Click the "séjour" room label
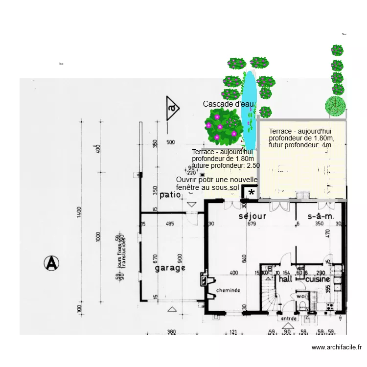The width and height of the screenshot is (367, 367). coord(252,216)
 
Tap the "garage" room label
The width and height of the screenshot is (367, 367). coord(170,268)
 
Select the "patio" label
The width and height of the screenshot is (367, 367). coord(170,195)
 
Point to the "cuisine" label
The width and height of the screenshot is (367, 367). coord(318,279)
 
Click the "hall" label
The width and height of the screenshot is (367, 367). coord(286,279)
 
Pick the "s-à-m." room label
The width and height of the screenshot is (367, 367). coord(321,216)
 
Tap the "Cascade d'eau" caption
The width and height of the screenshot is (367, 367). coord(229,104)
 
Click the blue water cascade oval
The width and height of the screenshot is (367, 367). coord(250,110)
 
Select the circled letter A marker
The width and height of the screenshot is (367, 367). coord(51,263)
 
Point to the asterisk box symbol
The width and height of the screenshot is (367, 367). coord(251,193)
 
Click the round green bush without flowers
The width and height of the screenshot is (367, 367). coord(336,106)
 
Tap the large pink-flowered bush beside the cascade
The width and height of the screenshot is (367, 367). coord(223,127)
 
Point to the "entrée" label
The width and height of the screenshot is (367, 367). coord(289,319)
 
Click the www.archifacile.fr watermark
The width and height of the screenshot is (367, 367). coord(336,347)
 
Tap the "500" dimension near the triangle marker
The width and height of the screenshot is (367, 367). coord(170,143)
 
